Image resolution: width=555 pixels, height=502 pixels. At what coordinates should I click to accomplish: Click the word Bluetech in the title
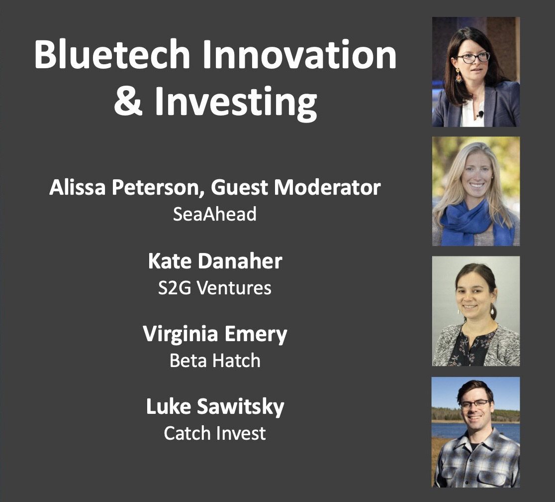[x=112, y=55]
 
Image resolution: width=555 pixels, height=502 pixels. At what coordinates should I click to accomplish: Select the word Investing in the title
[x=236, y=103]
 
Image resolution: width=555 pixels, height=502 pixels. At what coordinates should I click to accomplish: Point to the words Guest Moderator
[x=296, y=187]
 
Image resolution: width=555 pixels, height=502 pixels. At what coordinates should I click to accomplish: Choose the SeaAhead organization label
[x=214, y=214]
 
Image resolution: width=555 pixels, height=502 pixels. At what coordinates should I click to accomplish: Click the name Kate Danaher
[x=215, y=261]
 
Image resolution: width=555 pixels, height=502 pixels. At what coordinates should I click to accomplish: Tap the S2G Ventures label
[x=215, y=287]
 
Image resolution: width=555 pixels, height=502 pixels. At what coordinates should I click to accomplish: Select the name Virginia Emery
[x=215, y=334]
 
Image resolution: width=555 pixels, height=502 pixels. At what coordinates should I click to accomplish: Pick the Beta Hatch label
[x=215, y=361]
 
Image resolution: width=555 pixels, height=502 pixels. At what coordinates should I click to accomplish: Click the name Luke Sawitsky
[x=215, y=407]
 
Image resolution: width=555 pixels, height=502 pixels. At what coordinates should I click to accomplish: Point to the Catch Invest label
[x=215, y=433]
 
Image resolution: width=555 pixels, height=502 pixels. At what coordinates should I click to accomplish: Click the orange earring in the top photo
[x=459, y=76]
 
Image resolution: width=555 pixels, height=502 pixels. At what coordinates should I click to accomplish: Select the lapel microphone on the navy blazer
[x=481, y=114]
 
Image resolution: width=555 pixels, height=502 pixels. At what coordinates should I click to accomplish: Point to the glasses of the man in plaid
[x=474, y=404]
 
